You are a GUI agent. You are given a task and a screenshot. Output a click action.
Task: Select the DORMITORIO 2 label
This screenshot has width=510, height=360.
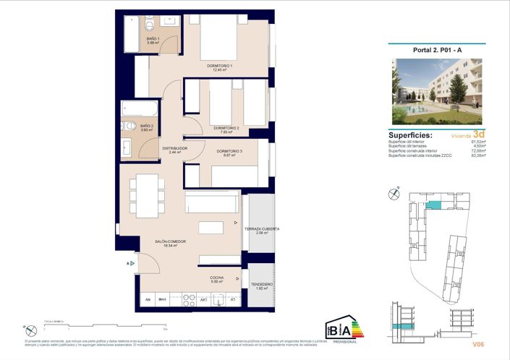[x=226, y=129]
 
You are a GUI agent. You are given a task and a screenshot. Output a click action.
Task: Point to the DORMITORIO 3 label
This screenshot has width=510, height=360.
[x=229, y=152]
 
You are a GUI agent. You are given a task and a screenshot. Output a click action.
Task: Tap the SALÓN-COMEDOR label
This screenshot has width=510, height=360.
[x=170, y=242]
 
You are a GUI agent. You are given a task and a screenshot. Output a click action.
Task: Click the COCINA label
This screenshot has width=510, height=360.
[x=217, y=279]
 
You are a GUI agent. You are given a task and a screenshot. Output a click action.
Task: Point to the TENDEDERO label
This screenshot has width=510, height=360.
[x=261, y=286]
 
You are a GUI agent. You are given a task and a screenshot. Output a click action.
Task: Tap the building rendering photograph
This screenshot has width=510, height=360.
[x=436, y=91]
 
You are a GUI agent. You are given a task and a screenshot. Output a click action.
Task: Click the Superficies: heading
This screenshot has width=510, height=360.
[x=411, y=134]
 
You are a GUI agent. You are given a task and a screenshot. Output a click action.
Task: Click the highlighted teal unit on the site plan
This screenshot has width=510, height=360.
[x=433, y=206]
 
